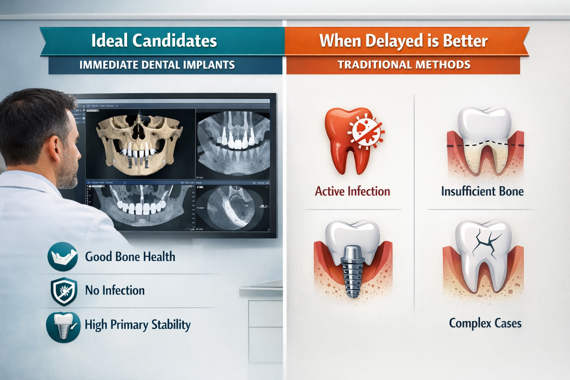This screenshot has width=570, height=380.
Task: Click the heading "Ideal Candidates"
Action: point(154,40)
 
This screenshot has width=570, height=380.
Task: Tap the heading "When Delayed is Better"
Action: point(403,40)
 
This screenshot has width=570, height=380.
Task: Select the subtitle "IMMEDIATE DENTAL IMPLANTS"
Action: point(157,65)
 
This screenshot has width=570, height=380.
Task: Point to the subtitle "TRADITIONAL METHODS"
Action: point(404,65)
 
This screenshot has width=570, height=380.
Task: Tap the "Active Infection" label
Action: point(353,191)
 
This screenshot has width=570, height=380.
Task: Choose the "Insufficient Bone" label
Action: point(482,191)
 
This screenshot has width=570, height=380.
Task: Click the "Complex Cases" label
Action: point(485,323)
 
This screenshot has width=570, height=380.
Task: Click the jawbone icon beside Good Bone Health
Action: point(62,256)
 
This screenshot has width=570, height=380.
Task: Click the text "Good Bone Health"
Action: point(130,256)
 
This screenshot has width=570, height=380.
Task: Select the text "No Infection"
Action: point(115,290)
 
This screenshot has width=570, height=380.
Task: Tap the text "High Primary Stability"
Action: point(138,325)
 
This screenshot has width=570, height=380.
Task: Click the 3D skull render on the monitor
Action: point(139,144)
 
